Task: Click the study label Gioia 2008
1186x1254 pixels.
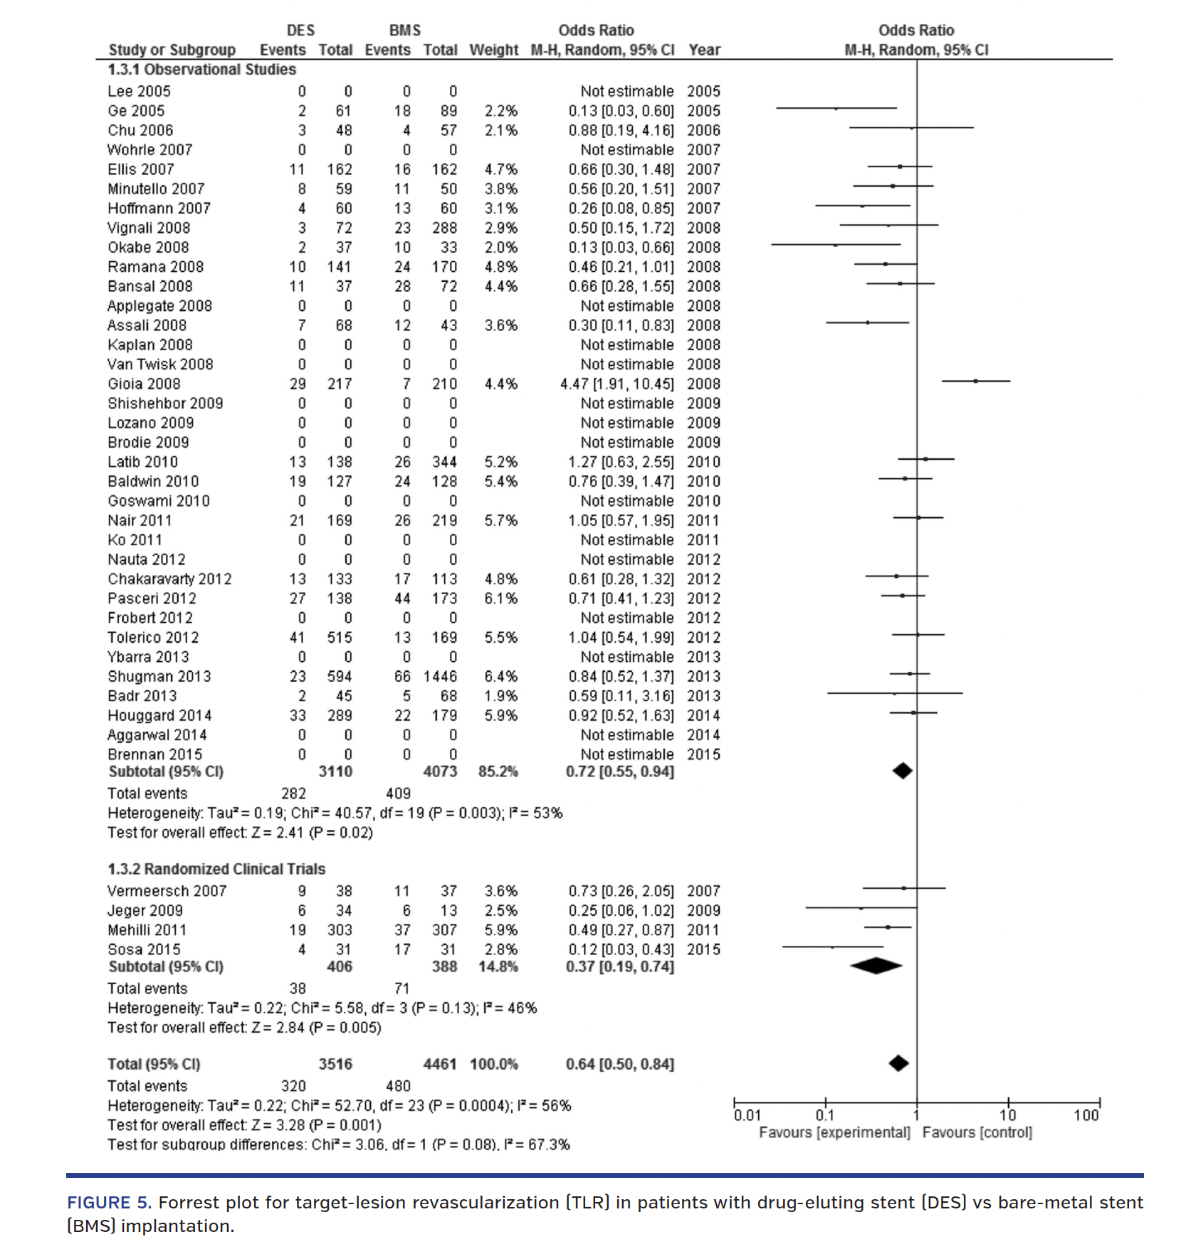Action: point(144,384)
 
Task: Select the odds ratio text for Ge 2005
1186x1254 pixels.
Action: point(621,111)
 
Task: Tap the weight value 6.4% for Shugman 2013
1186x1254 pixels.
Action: point(500,676)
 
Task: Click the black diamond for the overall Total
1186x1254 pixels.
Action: point(898,1063)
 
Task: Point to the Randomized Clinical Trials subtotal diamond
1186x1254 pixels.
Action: point(876,966)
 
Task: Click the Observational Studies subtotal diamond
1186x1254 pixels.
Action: point(902,771)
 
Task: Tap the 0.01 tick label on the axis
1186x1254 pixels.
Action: point(747,1115)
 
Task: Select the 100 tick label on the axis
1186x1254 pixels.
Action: point(1086,1115)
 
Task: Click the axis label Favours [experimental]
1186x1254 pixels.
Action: point(834,1132)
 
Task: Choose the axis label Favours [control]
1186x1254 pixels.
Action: point(977,1132)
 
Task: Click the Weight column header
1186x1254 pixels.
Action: point(493,50)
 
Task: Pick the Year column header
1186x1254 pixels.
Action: point(704,50)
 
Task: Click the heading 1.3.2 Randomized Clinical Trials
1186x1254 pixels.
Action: point(216,869)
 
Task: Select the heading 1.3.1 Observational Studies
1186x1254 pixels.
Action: point(201,70)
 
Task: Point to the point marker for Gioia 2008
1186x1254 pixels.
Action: point(975,381)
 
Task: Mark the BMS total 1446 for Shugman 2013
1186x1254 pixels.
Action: point(440,676)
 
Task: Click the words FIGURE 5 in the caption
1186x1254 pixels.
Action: point(108,1202)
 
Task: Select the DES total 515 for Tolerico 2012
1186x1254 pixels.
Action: point(340,638)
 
